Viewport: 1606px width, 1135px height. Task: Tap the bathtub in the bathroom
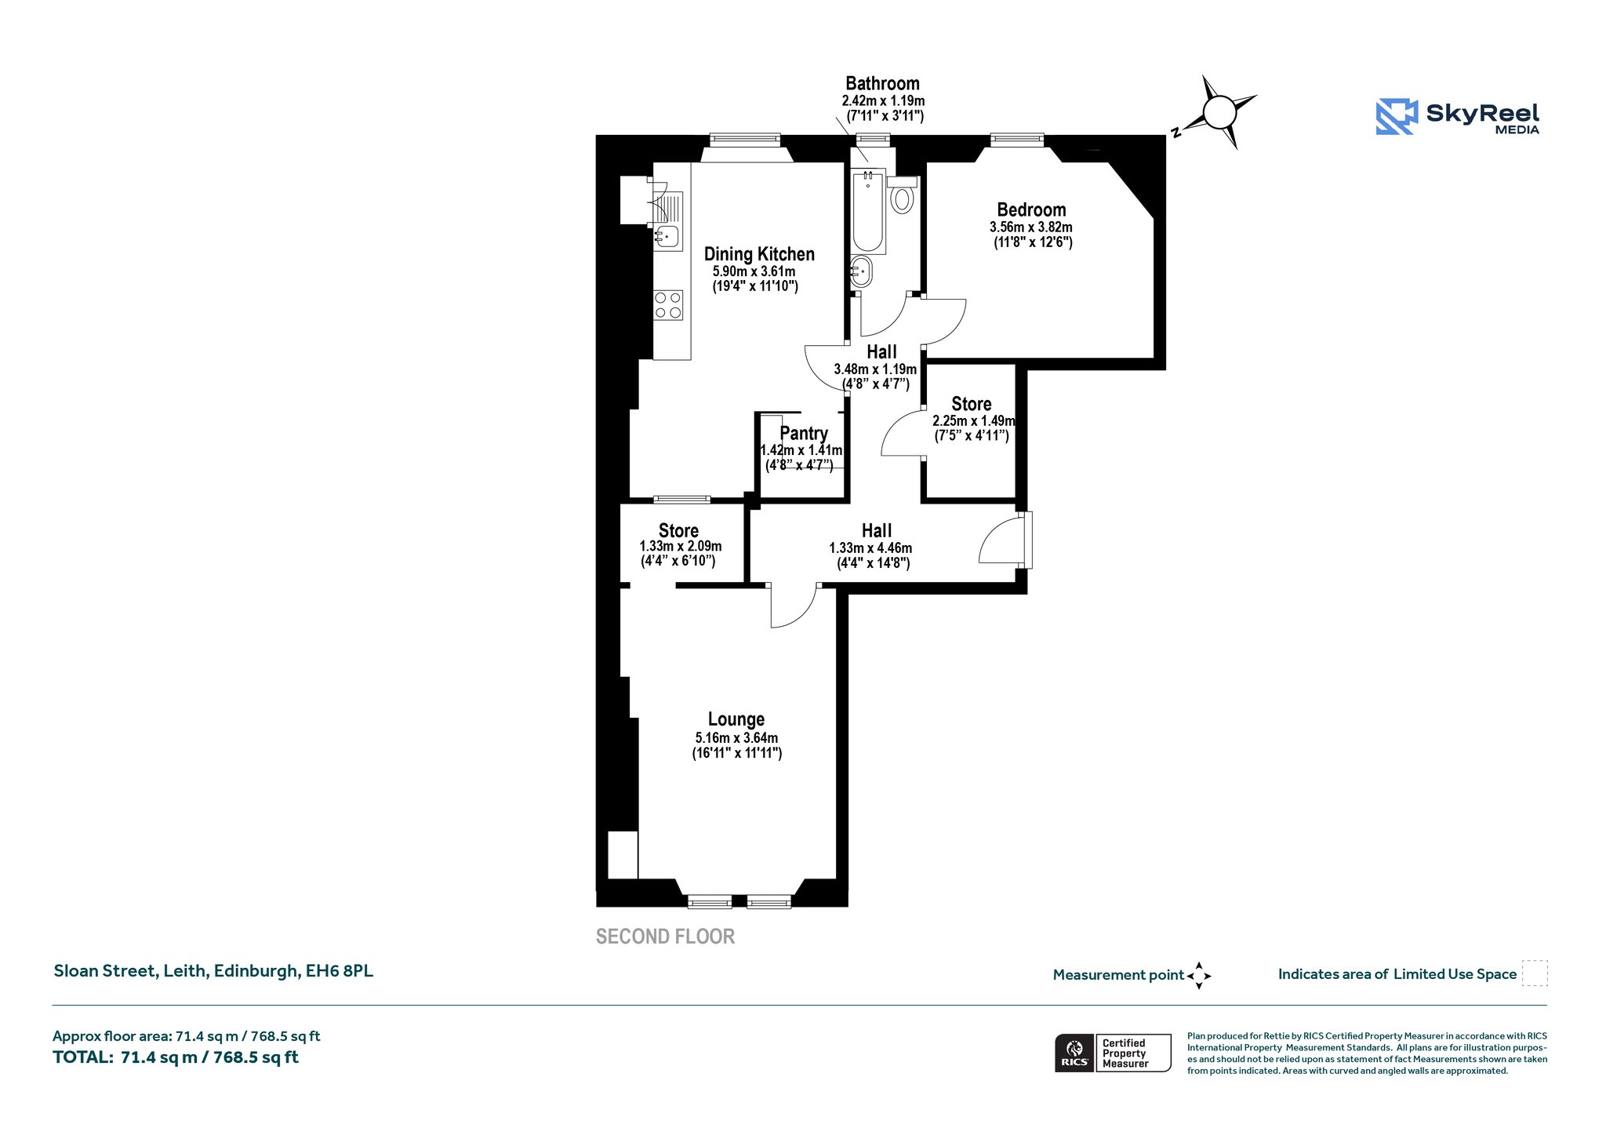[868, 211]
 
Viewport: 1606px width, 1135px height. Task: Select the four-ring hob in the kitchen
[668, 305]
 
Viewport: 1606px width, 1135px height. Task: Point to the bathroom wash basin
[861, 272]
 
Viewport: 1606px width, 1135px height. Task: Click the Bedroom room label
[1031, 209]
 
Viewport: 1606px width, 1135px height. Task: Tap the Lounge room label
[736, 719]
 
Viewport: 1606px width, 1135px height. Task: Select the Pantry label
[804, 433]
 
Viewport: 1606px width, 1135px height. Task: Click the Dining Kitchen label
[759, 254]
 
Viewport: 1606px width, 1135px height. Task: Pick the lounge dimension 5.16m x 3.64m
[736, 738]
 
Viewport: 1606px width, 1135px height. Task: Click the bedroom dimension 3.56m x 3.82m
[1031, 227]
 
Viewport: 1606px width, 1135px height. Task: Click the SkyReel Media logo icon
[1397, 117]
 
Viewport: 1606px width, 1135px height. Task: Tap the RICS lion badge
[1074, 1053]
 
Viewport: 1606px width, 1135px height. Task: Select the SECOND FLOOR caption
[665, 937]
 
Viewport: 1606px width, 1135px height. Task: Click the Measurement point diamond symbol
[1199, 976]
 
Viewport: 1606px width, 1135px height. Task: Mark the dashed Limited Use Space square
[1535, 973]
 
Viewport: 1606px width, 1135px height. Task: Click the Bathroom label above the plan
[882, 83]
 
